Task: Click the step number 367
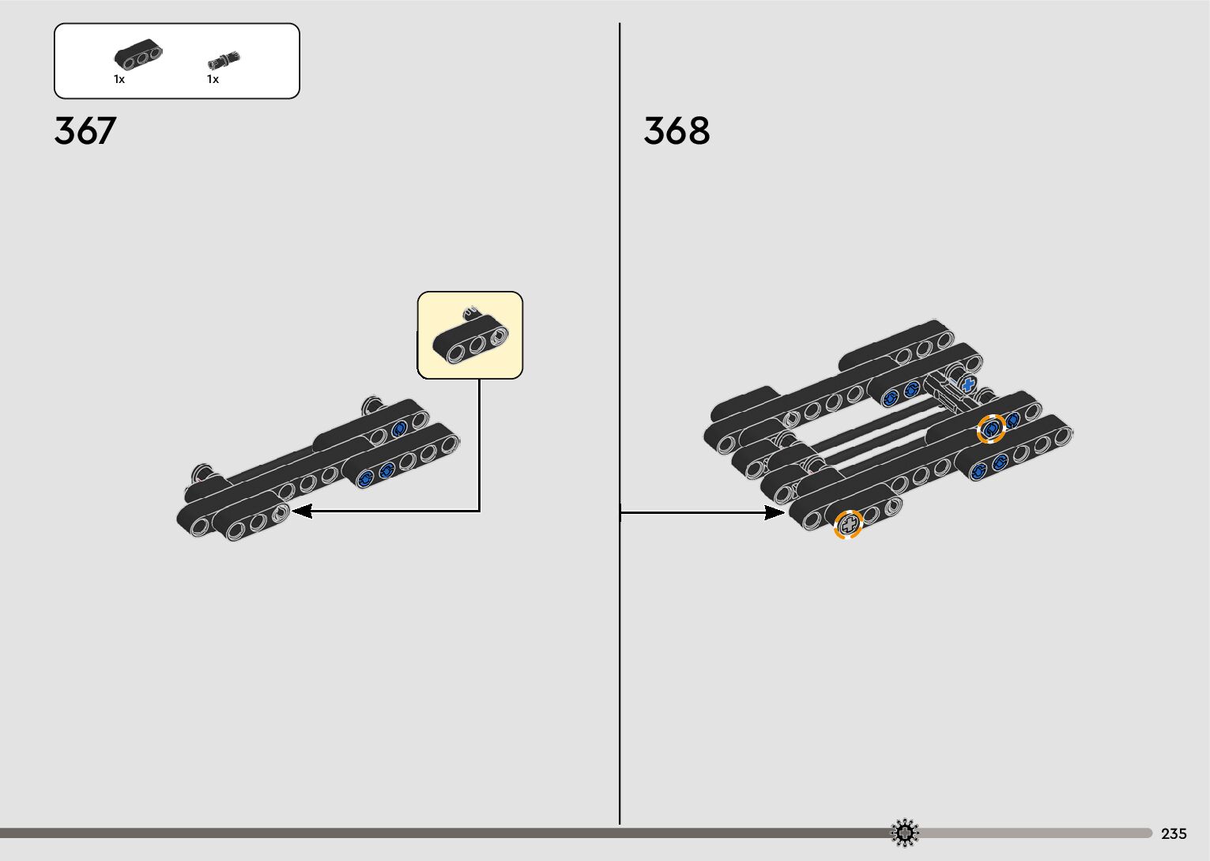click(85, 130)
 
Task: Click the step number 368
click(677, 130)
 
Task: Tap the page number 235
click(1174, 833)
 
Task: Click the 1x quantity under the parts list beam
click(119, 79)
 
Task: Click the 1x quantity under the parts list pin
click(213, 79)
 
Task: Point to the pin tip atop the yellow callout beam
click(470, 309)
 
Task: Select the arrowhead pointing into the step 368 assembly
click(775, 513)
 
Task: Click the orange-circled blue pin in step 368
click(991, 429)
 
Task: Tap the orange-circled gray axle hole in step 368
click(849, 523)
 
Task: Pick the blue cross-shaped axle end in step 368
click(968, 385)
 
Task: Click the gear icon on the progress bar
click(905, 833)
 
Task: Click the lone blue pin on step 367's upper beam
click(399, 429)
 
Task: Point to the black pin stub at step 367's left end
click(198, 475)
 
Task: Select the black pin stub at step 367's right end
click(370, 406)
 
